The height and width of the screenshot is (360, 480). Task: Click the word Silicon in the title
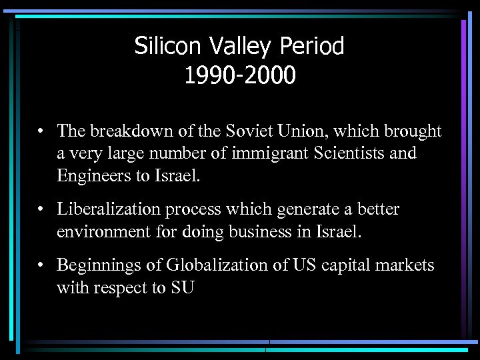pyautogui.click(x=163, y=46)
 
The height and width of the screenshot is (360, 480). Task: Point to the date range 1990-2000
pyautogui.click(x=239, y=75)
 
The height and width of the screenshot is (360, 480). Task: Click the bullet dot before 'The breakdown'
pyautogui.click(x=41, y=131)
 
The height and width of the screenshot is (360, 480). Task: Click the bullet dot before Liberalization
pyautogui.click(x=41, y=209)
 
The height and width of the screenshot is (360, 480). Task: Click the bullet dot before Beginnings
pyautogui.click(x=41, y=265)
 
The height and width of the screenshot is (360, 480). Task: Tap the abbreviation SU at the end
pyautogui.click(x=181, y=288)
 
